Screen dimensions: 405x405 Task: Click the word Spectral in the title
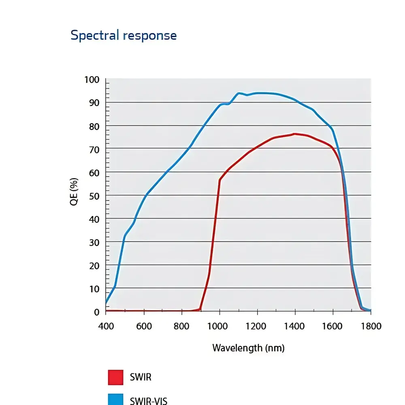tap(94, 36)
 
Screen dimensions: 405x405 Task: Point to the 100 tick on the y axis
tap(92, 80)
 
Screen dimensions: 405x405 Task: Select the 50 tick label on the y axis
tap(94, 196)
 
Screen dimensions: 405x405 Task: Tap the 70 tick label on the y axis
tap(94, 149)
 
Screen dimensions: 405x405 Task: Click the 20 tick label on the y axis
tap(94, 266)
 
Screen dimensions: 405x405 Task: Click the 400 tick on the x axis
tap(106, 326)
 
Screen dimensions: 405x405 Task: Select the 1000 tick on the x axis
tap(220, 326)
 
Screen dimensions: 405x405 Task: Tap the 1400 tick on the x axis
tap(295, 326)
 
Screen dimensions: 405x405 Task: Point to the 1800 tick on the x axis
tap(371, 326)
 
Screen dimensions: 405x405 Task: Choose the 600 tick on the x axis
tap(144, 326)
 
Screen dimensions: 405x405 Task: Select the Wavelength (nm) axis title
tap(248, 347)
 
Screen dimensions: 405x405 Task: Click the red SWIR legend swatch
tap(115, 377)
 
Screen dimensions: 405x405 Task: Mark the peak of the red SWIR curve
tap(294, 134)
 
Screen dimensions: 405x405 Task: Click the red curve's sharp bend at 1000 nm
tap(220, 179)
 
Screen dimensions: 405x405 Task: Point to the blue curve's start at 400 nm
tap(106, 303)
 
